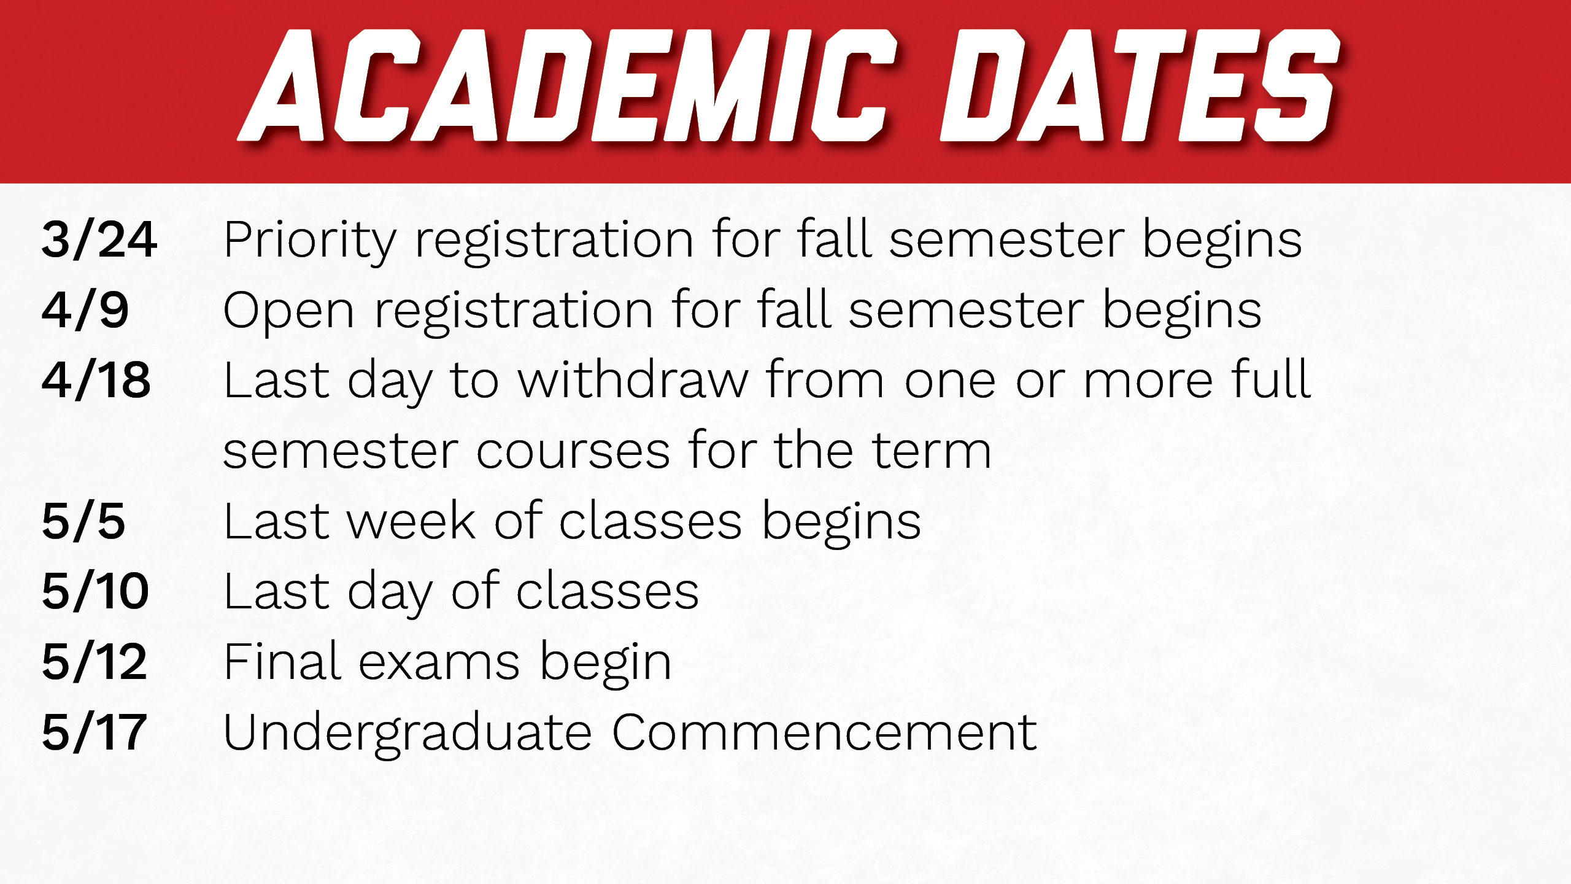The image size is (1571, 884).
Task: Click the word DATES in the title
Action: [x=1140, y=85]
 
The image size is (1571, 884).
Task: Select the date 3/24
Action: [x=99, y=239]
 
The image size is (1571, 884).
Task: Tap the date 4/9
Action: [x=85, y=310]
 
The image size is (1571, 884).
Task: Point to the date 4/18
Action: [x=96, y=381]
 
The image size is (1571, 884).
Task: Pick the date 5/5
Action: [x=83, y=521]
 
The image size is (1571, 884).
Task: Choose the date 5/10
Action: [x=96, y=591]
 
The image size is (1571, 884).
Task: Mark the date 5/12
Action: [x=95, y=662]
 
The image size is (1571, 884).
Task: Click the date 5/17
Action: [x=95, y=732]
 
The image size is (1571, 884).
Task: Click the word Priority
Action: [x=311, y=242]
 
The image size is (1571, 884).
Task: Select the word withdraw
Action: [x=633, y=379]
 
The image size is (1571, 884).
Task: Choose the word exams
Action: [x=439, y=665]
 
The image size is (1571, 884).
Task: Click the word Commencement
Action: [x=825, y=732]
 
